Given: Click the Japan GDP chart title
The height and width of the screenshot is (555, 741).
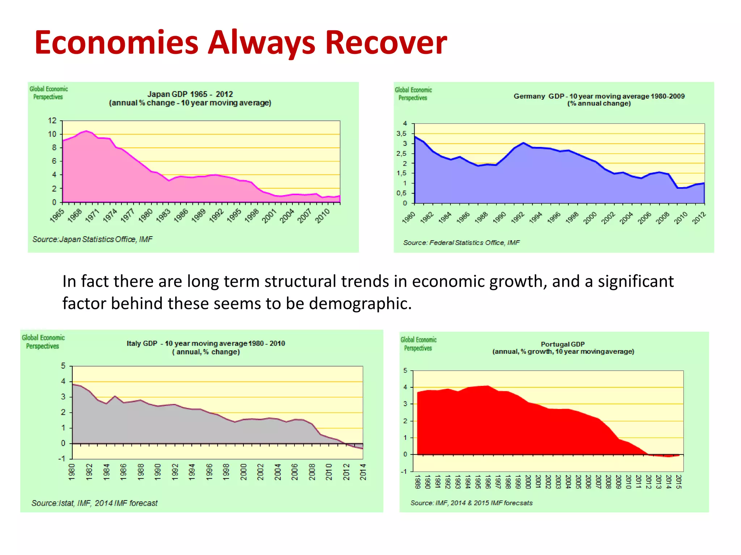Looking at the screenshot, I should [190, 98].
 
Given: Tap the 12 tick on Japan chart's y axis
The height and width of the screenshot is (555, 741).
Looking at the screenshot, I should [52, 121].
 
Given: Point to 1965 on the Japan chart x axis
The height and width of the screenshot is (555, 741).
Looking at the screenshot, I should [57, 215].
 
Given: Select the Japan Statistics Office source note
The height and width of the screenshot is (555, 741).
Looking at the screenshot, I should [92, 239].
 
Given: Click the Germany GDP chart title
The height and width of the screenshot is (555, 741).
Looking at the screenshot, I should [599, 99].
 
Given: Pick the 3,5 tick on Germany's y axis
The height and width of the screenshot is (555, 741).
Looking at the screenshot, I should [402, 134].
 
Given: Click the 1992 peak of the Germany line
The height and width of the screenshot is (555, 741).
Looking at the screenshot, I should [523, 143].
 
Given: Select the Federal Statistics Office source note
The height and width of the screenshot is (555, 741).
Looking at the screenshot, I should [461, 243].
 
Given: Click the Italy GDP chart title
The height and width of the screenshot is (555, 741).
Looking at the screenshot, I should [206, 347].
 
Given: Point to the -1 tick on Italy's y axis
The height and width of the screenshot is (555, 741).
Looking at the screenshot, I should [62, 459].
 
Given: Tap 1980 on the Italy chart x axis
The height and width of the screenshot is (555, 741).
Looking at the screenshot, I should [72, 472].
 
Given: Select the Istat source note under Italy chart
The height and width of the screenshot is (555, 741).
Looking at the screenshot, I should [94, 503].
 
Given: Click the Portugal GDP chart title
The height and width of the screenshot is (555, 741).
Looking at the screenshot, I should [563, 348].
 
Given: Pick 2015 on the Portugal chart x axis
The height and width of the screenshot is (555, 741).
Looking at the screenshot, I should [678, 482].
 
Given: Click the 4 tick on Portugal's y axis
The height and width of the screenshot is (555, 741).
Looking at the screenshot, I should [405, 387].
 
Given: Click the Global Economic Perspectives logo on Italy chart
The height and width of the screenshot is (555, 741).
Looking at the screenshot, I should [43, 342].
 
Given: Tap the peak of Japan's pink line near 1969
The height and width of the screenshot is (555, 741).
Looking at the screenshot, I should [86, 131].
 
